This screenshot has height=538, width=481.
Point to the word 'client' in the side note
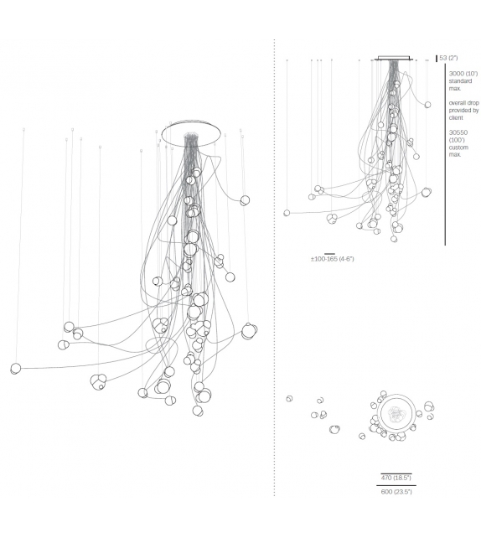tap(457, 116)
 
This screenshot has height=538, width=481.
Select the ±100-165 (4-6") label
tap(332, 259)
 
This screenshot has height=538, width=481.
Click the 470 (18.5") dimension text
tap(396, 478)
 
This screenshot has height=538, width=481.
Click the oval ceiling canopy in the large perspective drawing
tap(193, 132)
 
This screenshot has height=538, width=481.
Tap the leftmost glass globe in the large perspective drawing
tap(15, 368)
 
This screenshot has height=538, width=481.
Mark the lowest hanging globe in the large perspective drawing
tap(198, 411)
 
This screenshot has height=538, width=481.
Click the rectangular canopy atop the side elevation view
tap(394, 59)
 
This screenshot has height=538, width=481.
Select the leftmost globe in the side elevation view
tap(287, 213)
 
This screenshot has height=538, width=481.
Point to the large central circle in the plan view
tap(395, 413)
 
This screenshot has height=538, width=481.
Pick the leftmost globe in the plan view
tap(289, 399)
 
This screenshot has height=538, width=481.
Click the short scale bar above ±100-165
tap(329, 252)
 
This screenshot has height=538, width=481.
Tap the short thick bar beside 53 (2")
tap(437, 58)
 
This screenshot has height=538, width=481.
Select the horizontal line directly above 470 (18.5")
tap(396, 472)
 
